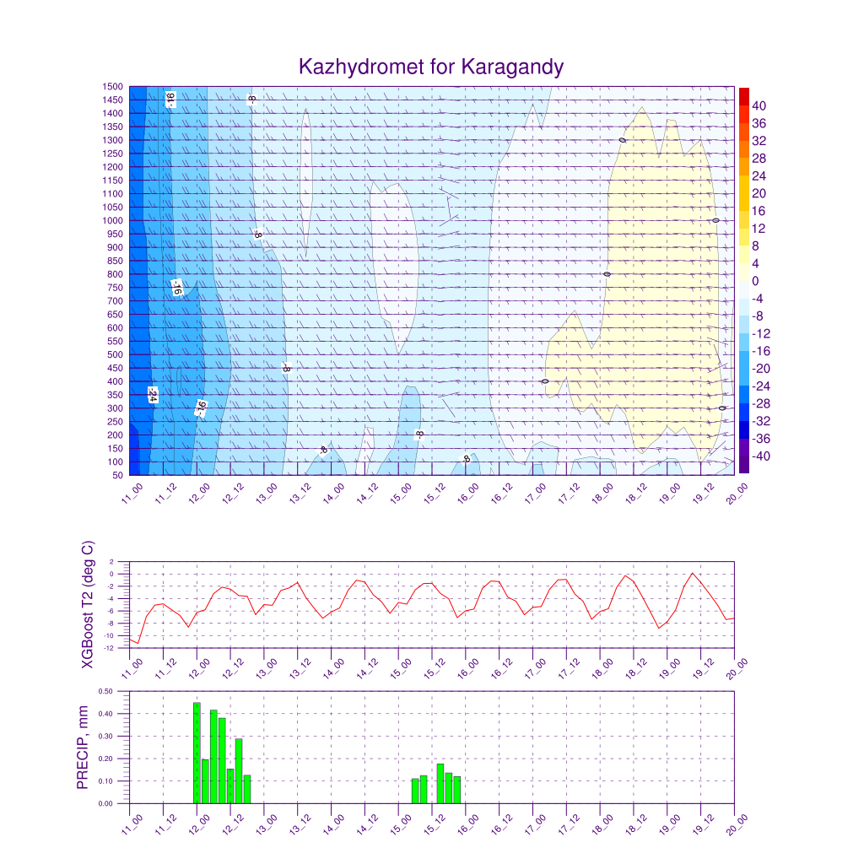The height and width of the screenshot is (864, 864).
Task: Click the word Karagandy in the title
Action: pos(512,67)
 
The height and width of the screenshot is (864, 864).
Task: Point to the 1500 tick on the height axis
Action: pos(113,87)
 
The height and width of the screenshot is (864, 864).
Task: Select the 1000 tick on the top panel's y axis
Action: pos(113,221)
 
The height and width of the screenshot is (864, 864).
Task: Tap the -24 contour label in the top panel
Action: pos(153,395)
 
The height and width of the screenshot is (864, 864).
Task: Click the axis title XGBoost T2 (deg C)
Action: pos(87,603)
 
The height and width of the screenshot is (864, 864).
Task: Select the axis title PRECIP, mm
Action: pos(83,747)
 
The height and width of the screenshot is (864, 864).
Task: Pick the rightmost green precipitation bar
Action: pos(456,790)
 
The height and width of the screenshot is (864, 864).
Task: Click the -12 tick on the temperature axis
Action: pos(109,648)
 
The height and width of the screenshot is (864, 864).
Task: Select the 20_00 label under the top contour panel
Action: pos(737,493)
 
